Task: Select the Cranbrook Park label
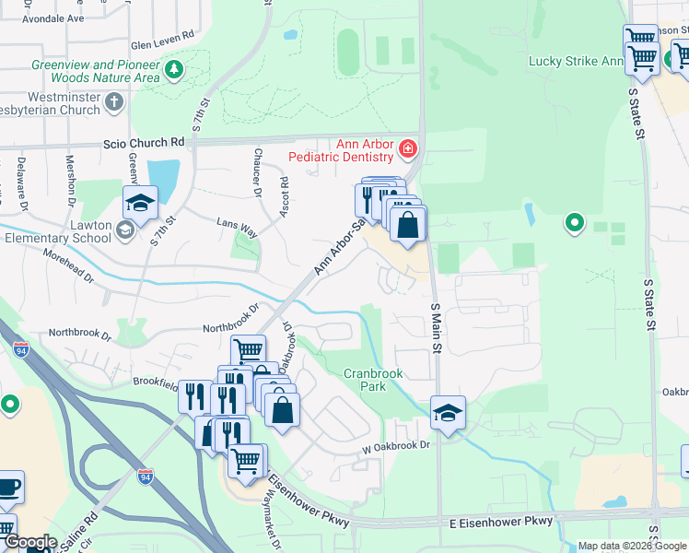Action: tap(377, 380)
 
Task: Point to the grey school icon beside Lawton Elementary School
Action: tap(126, 229)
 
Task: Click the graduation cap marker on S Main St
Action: tap(448, 413)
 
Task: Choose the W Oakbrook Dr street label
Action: tap(396, 445)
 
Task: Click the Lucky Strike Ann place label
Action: tap(575, 62)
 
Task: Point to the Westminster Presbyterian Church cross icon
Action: tap(114, 100)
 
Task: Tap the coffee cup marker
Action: tap(8, 486)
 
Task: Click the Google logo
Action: tap(31, 542)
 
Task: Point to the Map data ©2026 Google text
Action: tap(632, 546)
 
